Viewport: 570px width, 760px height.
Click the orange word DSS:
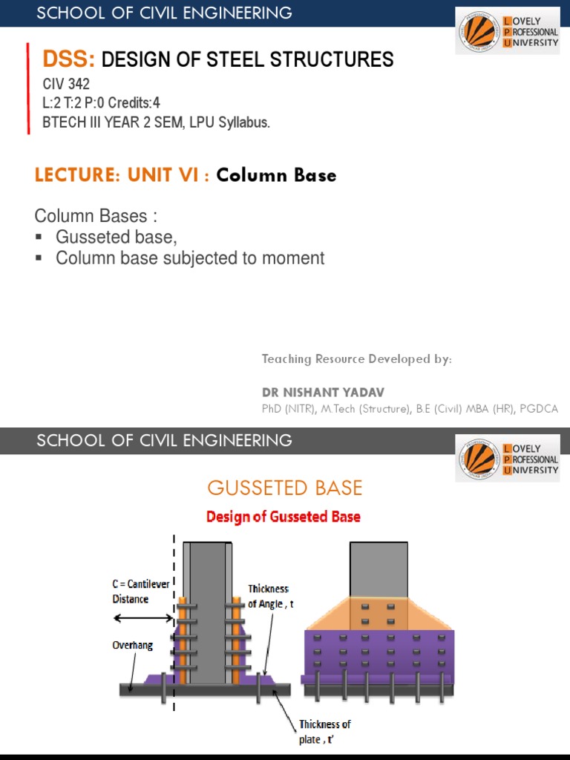(x=69, y=59)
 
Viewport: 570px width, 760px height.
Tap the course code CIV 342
(x=66, y=85)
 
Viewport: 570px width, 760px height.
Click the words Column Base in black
(x=276, y=175)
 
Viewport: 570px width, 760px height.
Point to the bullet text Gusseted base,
(x=117, y=237)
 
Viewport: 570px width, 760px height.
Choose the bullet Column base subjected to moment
(x=190, y=258)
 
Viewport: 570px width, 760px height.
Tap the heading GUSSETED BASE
(x=285, y=488)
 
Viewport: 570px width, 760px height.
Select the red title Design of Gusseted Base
(x=284, y=517)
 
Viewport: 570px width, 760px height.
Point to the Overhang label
(x=133, y=645)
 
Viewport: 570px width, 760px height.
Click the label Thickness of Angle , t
(x=270, y=597)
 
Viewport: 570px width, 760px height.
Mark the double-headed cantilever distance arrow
(x=142, y=617)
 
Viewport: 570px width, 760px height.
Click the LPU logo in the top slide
(x=508, y=32)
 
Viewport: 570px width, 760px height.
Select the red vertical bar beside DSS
(x=28, y=88)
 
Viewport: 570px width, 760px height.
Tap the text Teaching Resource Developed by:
(x=356, y=359)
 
